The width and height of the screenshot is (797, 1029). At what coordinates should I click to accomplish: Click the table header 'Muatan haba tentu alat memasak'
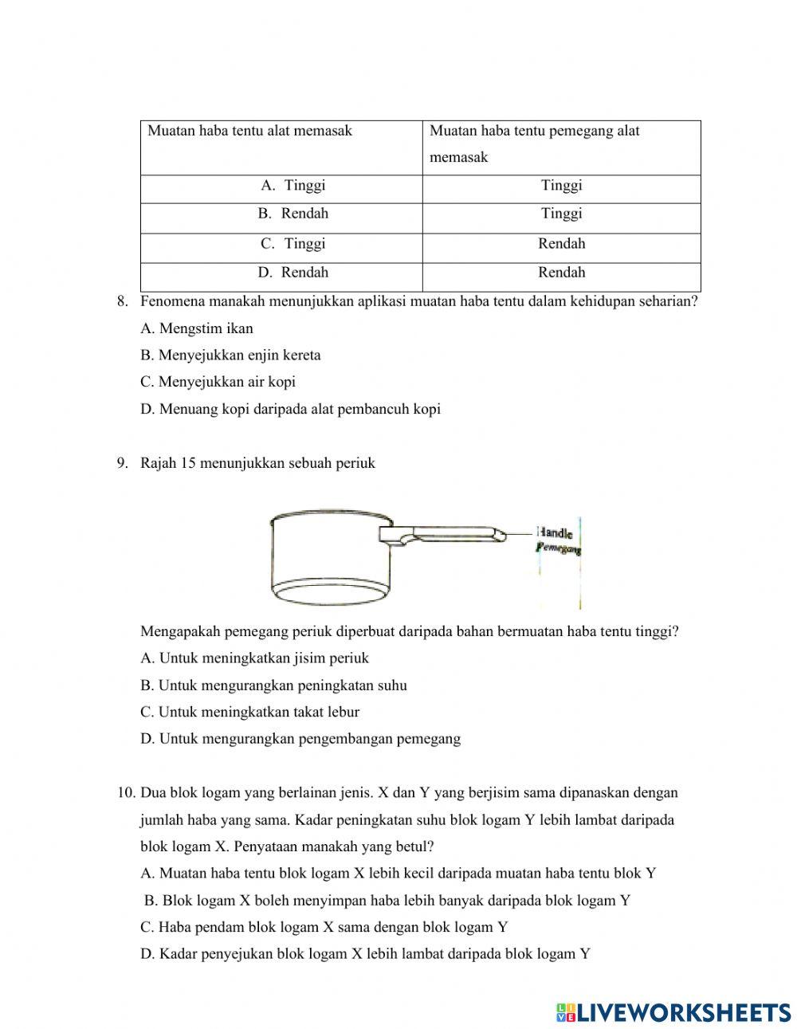pyautogui.click(x=249, y=131)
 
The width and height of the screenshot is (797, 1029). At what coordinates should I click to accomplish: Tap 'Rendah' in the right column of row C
pyautogui.click(x=561, y=244)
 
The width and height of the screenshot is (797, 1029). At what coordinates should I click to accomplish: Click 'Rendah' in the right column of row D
pyautogui.click(x=561, y=273)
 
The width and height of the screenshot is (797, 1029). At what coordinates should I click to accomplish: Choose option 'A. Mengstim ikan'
pyautogui.click(x=197, y=328)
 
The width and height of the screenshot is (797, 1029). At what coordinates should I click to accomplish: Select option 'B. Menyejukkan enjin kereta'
pyautogui.click(x=230, y=355)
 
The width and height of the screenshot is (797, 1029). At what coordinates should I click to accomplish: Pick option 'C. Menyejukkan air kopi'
pyautogui.click(x=218, y=382)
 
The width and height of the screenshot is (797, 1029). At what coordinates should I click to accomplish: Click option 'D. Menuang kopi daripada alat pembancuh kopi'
pyautogui.click(x=290, y=410)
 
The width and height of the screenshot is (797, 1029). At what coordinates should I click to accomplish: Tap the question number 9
pyautogui.click(x=122, y=463)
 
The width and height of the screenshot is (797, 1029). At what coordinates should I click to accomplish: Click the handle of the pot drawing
pyautogui.click(x=450, y=535)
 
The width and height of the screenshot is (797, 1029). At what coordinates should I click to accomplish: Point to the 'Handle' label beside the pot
pyautogui.click(x=555, y=533)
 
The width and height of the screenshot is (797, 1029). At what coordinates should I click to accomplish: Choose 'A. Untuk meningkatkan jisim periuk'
pyautogui.click(x=254, y=658)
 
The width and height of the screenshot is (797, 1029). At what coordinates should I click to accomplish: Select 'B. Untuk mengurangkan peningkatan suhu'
pyautogui.click(x=273, y=685)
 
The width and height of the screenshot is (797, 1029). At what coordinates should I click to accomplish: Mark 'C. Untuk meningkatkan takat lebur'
pyautogui.click(x=249, y=713)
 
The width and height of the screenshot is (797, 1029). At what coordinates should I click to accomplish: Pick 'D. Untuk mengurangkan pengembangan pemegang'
pyautogui.click(x=300, y=739)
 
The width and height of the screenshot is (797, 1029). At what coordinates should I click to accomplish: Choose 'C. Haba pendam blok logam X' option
pyautogui.click(x=324, y=927)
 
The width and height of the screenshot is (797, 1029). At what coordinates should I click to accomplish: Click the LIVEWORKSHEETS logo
pyautogui.click(x=673, y=1012)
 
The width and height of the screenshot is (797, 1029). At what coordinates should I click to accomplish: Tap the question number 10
pyautogui.click(x=126, y=793)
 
